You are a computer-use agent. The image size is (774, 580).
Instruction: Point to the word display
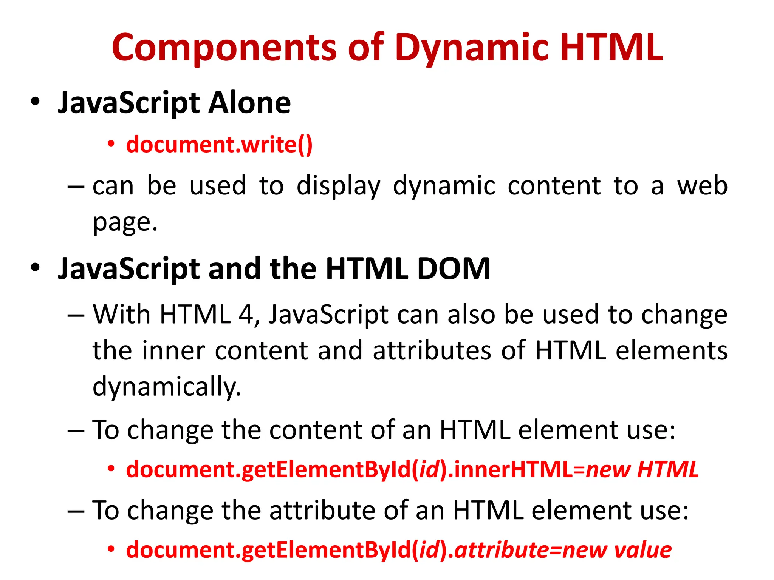(x=338, y=186)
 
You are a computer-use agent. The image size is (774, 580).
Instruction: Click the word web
(x=702, y=186)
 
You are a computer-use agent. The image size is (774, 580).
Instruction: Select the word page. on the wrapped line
(x=125, y=222)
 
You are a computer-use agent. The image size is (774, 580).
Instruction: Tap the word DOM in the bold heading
(x=454, y=269)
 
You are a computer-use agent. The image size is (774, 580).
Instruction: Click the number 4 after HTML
(x=246, y=314)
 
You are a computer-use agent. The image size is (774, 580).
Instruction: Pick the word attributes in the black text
(x=432, y=350)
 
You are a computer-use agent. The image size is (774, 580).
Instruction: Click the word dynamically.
(x=167, y=387)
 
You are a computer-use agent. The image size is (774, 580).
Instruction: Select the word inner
(x=173, y=350)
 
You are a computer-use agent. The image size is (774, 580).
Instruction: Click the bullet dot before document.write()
(x=111, y=144)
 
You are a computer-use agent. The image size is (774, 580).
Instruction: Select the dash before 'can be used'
(x=76, y=187)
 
